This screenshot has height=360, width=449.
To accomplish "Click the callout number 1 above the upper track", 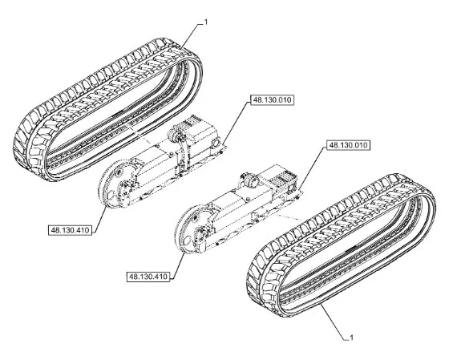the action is [205, 22].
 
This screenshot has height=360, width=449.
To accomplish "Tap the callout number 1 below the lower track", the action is [352, 338].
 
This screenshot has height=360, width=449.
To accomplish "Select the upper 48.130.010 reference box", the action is [272, 100].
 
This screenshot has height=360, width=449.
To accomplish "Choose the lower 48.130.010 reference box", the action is [348, 145].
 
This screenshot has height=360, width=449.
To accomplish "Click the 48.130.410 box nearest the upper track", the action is [71, 230].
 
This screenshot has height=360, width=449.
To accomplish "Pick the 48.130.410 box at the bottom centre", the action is [148, 277].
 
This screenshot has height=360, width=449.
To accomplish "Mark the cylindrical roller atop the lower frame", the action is [250, 180].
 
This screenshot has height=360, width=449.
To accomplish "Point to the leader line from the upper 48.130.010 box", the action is [236, 123].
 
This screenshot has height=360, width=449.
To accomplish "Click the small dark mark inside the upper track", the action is [117, 113].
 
